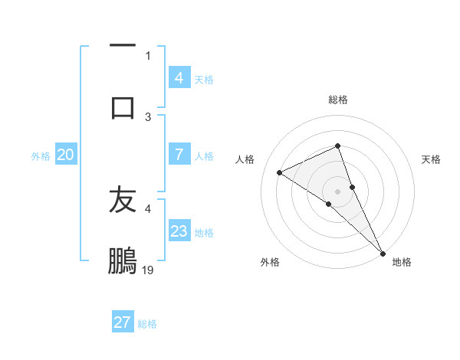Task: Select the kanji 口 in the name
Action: tap(123, 107)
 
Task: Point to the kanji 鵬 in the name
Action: tap(123, 261)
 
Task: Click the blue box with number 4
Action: tap(179, 78)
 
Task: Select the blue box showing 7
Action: tap(179, 155)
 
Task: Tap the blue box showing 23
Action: tap(179, 231)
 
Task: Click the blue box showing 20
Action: tap(65, 155)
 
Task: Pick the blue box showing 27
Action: tap(123, 322)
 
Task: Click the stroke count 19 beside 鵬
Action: tap(148, 270)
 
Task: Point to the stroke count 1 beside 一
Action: tap(148, 55)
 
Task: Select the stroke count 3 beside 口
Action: tap(148, 116)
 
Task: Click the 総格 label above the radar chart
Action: tap(337, 100)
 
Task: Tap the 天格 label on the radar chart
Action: tap(431, 159)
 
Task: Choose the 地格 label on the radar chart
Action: tap(402, 262)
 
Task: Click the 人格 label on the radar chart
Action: tap(245, 159)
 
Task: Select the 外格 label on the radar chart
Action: tap(270, 262)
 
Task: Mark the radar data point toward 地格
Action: tap(383, 252)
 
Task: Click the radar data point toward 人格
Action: tap(280, 172)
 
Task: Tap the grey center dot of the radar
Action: tap(337, 190)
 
